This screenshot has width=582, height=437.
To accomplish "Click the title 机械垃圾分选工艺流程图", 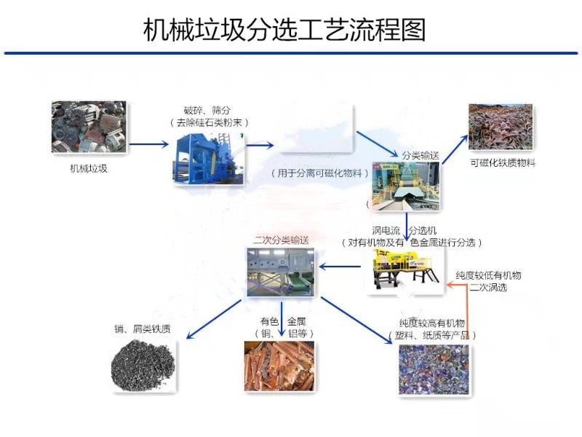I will (284, 30).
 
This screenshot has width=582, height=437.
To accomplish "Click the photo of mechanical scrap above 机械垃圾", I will (89, 127).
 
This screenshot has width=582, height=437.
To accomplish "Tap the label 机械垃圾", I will (89, 170).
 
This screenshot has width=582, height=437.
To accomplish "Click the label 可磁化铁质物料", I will (502, 163).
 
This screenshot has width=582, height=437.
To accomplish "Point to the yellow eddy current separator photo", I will (404, 270).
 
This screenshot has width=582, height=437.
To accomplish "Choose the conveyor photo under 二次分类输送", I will (280, 271).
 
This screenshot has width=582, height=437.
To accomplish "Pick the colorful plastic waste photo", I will (434, 369).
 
